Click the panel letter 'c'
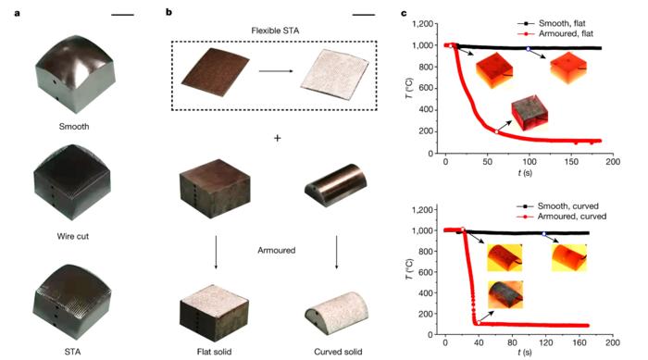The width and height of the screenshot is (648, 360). [x=404, y=11]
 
